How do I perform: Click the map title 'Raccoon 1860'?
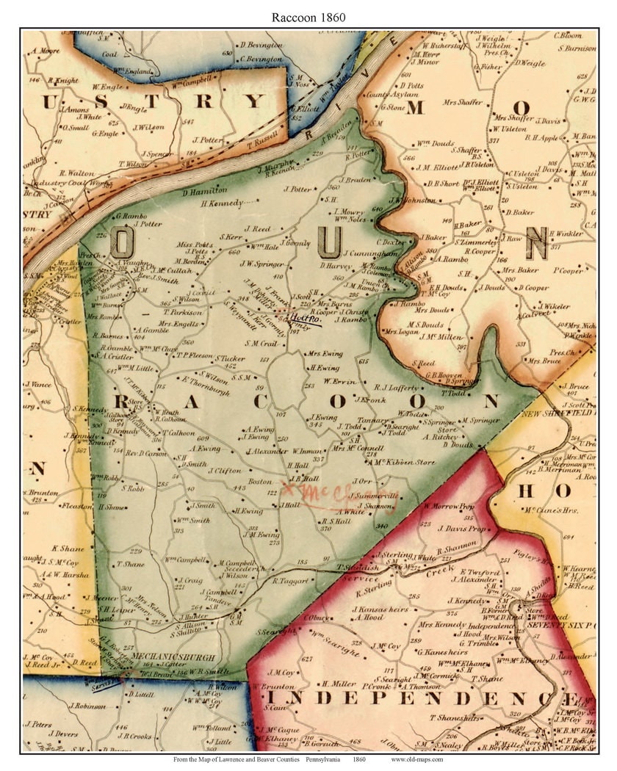pyautogui.click(x=308, y=16)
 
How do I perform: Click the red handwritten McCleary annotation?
pyautogui.click(x=340, y=490)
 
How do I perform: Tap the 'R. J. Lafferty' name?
pyautogui.click(x=397, y=387)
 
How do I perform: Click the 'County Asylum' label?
pyautogui.click(x=386, y=95)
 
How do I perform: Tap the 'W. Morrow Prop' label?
pyautogui.click(x=449, y=506)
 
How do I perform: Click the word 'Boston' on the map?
pyautogui.click(x=260, y=482)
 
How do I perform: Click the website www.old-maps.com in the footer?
pyautogui.click(x=416, y=759)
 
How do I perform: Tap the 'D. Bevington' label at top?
pyautogui.click(x=261, y=46)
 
